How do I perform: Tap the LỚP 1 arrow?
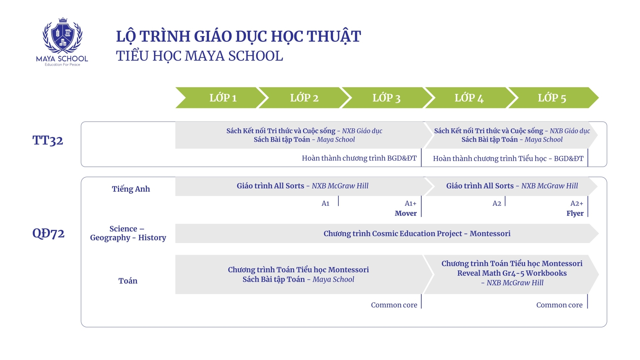pos(223,98)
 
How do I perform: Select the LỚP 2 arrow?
pos(304,98)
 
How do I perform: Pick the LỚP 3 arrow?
pos(386,98)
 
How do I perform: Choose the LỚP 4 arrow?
pos(469,98)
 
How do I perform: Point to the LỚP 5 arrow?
pos(552,98)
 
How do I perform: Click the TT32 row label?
pos(48,140)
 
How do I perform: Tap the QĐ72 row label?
pos(48,233)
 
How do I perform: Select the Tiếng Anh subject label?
pos(131,189)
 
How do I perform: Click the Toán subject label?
pos(128,281)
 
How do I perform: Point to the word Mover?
pos(406,213)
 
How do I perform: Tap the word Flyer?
pos(575,213)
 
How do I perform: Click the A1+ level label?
pos(410,203)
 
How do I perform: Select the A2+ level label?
pos(577,203)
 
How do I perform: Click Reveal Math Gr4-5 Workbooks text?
pos(512,273)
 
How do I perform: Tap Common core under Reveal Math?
pos(559,305)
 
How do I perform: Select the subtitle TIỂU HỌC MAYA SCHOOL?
pos(199,56)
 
